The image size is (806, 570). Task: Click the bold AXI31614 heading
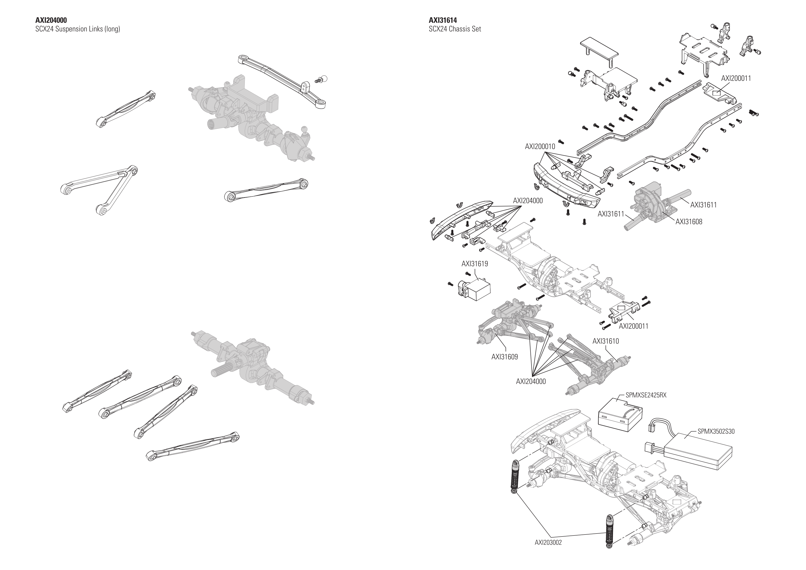pyautogui.click(x=443, y=20)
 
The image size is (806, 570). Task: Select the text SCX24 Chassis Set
pyautogui.click(x=455, y=29)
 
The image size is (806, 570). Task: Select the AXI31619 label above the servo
pyautogui.click(x=474, y=264)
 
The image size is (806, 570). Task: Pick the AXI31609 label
pyautogui.click(x=504, y=357)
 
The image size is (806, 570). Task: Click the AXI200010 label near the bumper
pyautogui.click(x=540, y=146)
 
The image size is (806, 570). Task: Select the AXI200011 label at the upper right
pyautogui.click(x=736, y=78)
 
